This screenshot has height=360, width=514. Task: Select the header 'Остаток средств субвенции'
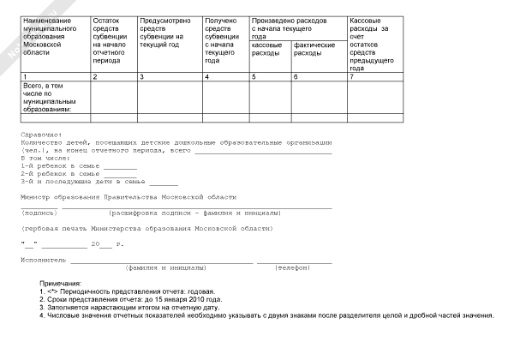(x=111, y=40)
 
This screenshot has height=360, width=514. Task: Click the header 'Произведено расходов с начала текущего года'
(x=291, y=23)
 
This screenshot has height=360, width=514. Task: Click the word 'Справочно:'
(x=39, y=135)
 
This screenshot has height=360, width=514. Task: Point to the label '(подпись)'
(x=39, y=212)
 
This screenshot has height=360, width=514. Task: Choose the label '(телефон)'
(x=296, y=268)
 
